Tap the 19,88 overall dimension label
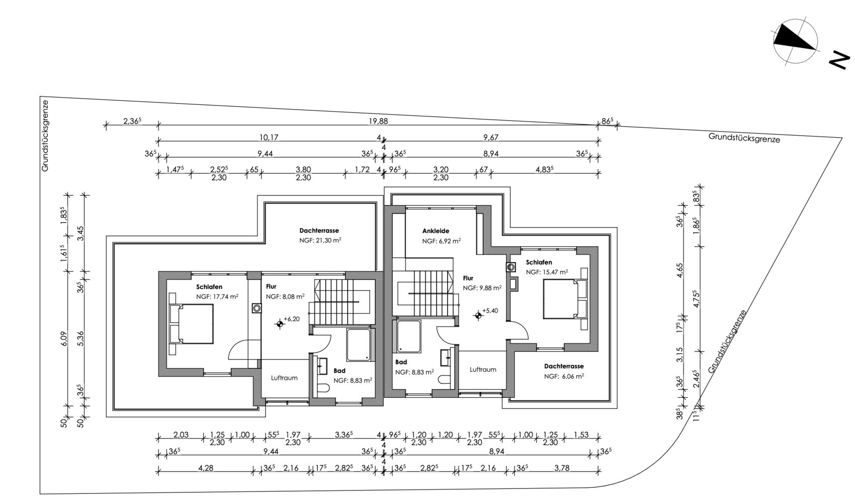point(378,121)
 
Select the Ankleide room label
point(436,231)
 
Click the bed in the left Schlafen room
point(191,324)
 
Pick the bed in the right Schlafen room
point(564,299)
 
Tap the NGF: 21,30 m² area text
point(320,241)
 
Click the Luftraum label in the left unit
point(284,378)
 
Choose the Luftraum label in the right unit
point(483,369)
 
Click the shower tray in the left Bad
point(359,345)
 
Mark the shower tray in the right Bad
point(409,336)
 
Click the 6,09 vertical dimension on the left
point(64,339)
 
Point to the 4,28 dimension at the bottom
point(205,468)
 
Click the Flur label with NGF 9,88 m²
point(468,278)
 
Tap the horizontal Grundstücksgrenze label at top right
point(744,138)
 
